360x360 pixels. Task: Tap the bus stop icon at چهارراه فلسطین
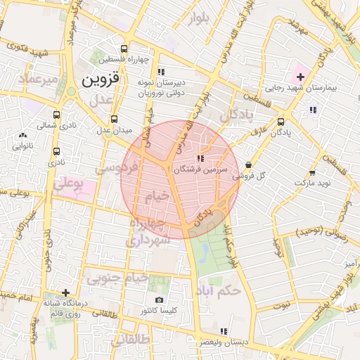(124, 49)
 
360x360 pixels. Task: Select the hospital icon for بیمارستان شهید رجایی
(300, 77)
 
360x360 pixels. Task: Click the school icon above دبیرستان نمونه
(161, 71)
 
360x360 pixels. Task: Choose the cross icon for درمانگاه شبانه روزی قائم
(65, 292)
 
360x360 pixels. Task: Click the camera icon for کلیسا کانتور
(161, 300)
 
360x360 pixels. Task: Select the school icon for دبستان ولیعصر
(224, 331)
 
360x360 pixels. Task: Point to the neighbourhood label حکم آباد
(220, 289)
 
